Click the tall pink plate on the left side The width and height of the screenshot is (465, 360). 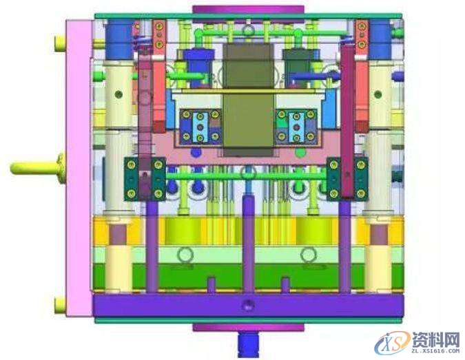pyautogui.click(x=79, y=168)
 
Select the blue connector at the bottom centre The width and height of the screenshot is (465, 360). pyautogui.click(x=248, y=343)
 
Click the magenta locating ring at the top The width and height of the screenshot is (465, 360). pyautogui.click(x=248, y=10)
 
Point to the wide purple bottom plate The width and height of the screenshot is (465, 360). pyautogui.click(x=248, y=305)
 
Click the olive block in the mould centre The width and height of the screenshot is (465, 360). pyautogui.click(x=248, y=99)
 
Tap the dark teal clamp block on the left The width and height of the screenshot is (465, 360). pyautogui.click(x=145, y=179)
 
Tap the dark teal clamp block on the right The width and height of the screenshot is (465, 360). pyautogui.click(x=347, y=179)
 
